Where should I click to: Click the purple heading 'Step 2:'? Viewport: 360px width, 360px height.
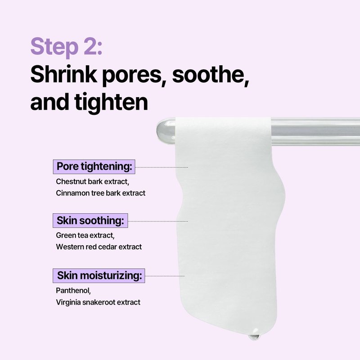point(66,47)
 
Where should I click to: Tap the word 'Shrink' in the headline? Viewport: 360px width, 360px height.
point(64,74)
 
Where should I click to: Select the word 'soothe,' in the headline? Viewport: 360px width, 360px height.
point(211,75)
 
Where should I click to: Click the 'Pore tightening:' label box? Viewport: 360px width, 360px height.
point(94,166)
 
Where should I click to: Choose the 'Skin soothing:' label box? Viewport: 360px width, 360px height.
point(90,220)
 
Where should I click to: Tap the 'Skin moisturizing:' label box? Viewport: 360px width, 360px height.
point(99,275)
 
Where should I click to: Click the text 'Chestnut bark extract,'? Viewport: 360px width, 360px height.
point(93,182)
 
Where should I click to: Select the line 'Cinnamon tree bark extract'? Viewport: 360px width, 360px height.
point(100,193)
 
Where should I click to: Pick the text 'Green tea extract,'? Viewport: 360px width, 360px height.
point(85,235)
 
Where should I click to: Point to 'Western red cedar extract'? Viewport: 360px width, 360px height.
point(99,247)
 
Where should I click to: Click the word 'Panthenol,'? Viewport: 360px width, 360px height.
point(73,291)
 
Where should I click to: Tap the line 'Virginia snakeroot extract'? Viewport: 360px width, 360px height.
point(98,302)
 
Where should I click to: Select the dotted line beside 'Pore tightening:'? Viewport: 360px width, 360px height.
point(162,167)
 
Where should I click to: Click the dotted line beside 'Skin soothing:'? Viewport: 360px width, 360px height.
point(158,221)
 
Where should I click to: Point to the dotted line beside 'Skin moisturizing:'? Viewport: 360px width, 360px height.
point(165,276)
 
